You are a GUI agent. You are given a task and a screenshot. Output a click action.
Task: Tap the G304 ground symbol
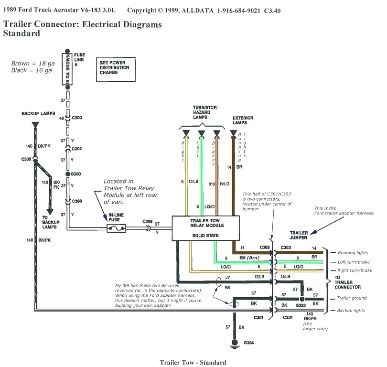(x=234, y=343)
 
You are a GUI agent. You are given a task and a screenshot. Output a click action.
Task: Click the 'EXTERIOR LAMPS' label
(x=243, y=120)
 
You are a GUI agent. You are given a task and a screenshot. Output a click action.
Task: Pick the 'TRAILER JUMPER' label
(x=299, y=236)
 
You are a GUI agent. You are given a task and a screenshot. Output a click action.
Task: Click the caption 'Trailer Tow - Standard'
(x=193, y=363)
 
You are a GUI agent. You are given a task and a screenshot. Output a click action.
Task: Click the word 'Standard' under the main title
(x=21, y=33)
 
